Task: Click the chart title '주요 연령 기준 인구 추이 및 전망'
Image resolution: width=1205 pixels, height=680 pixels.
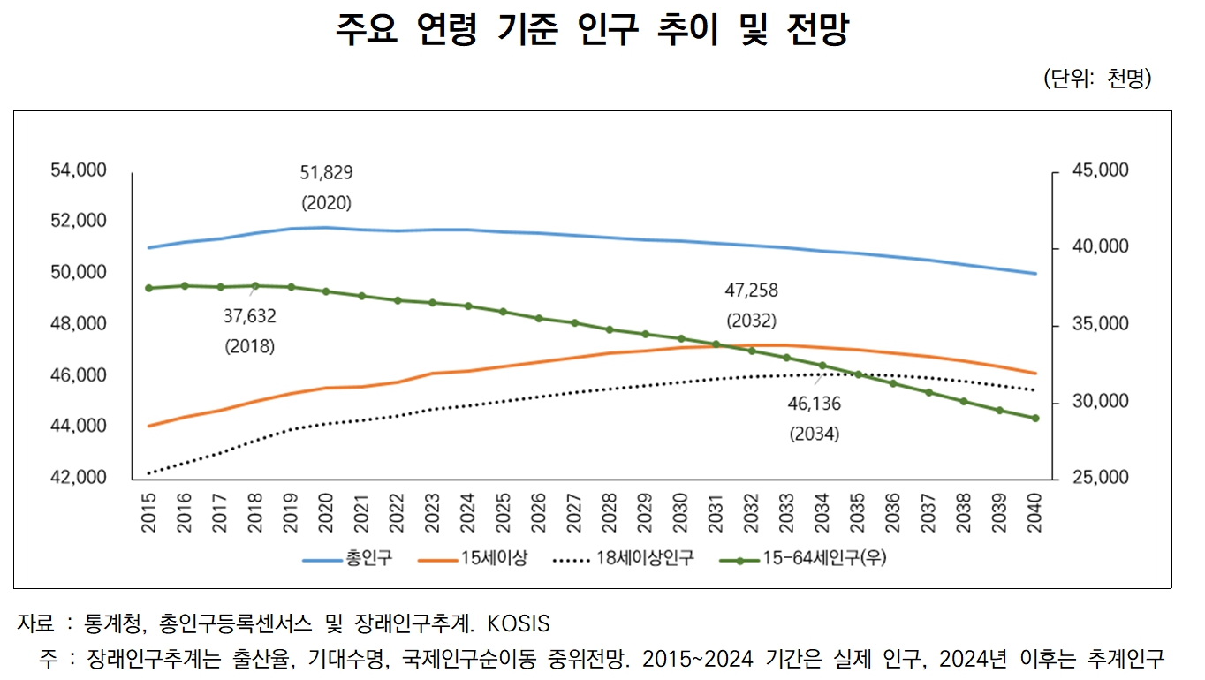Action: pyautogui.click(x=592, y=32)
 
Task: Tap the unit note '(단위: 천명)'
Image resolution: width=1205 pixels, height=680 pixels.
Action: pyautogui.click(x=1098, y=79)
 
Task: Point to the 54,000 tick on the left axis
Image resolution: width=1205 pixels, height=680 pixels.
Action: pyautogui.click(x=79, y=170)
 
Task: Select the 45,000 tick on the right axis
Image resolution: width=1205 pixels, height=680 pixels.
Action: pyautogui.click(x=1100, y=170)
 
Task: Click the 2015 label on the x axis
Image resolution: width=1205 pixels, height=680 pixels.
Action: pyautogui.click(x=148, y=512)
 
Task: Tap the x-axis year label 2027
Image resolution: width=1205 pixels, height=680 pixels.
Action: pyautogui.click(x=574, y=512)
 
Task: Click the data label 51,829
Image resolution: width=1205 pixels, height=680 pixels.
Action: pyautogui.click(x=326, y=173)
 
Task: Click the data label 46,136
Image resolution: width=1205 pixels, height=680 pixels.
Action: pyautogui.click(x=814, y=404)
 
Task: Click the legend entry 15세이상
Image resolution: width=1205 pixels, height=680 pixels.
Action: pyautogui.click(x=493, y=559)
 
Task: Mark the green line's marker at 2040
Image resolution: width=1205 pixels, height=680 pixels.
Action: pyautogui.click(x=1034, y=419)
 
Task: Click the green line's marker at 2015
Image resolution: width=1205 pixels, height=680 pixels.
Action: pyautogui.click(x=148, y=288)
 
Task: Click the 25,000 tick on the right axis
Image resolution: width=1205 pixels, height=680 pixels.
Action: pyautogui.click(x=1100, y=478)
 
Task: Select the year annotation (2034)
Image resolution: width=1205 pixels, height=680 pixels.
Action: pyautogui.click(x=814, y=434)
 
